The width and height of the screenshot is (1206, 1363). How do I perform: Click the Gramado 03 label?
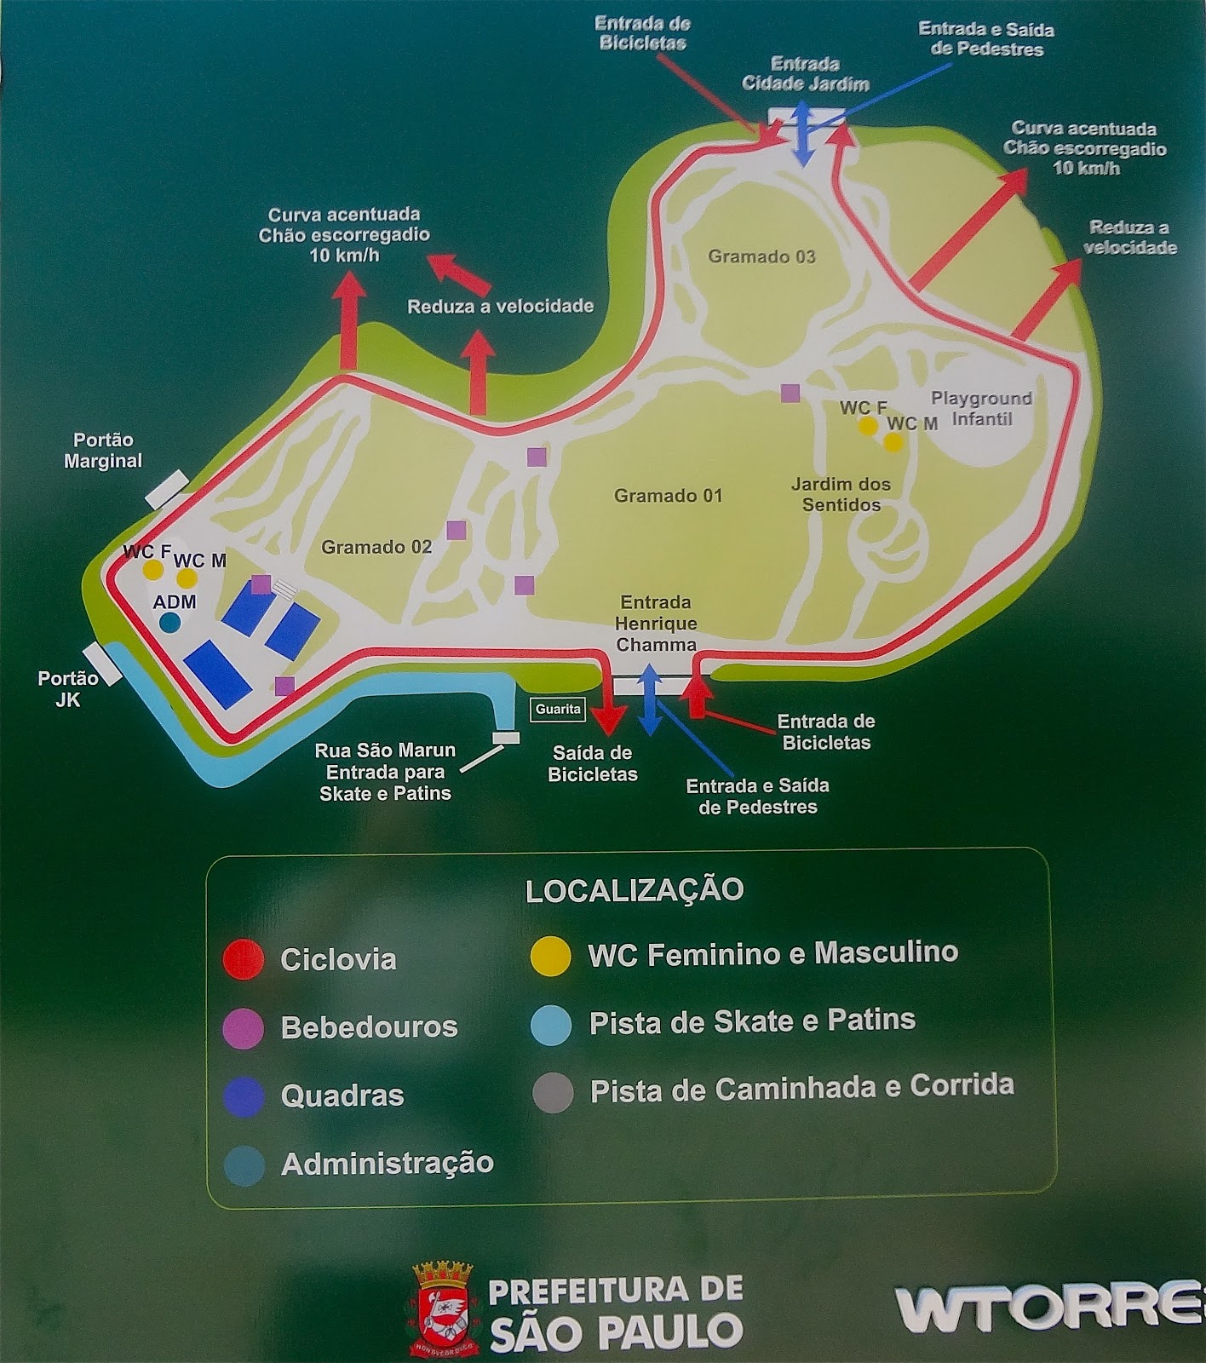(761, 256)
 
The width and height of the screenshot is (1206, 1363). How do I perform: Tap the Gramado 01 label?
(668, 496)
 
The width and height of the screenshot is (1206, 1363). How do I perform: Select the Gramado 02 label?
(376, 547)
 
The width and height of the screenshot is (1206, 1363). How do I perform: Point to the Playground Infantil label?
(981, 409)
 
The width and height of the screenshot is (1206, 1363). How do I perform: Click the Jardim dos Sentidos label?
(841, 494)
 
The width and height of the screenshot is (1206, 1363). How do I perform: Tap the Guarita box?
(558, 709)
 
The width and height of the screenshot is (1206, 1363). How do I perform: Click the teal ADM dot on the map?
(170, 623)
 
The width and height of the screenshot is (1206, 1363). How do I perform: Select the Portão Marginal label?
(103, 451)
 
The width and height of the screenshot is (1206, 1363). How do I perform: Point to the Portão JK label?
(68, 689)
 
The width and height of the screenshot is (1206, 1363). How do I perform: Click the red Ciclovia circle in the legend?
(243, 959)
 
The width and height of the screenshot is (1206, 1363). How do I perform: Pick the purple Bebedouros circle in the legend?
(243, 1027)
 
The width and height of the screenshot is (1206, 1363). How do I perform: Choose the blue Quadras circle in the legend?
(243, 1096)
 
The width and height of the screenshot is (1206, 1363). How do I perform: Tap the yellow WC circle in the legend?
(550, 955)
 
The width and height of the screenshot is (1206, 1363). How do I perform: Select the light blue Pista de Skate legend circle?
(550, 1024)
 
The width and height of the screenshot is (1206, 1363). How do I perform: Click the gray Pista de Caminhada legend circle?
(552, 1092)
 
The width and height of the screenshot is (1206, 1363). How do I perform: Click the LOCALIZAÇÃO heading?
(635, 890)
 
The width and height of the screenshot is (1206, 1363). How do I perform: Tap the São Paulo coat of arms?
(442, 1308)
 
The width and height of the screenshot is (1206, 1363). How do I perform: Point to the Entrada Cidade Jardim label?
(806, 74)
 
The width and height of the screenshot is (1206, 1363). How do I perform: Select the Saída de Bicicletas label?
(593, 763)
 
